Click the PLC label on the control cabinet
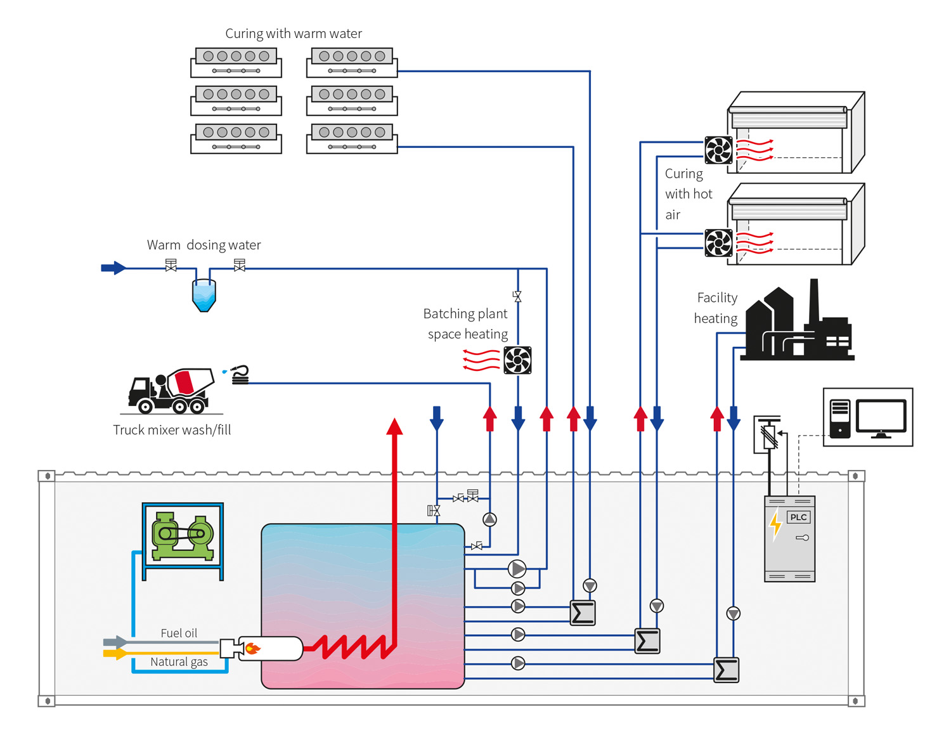pyautogui.click(x=798, y=517)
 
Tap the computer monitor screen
pyautogui.click(x=881, y=416)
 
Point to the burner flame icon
pyautogui.click(x=252, y=648)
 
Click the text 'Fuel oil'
pyautogui.click(x=179, y=633)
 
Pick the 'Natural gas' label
pyautogui.click(x=179, y=662)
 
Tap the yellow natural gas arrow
pyautogui.click(x=115, y=653)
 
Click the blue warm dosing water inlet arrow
pyautogui.click(x=113, y=268)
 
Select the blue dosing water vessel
pyautogui.click(x=204, y=296)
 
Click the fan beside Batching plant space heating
pyautogui.click(x=517, y=360)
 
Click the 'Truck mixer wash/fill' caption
pyautogui.click(x=172, y=430)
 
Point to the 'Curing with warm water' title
pyautogui.click(x=294, y=34)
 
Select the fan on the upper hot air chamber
pyautogui.click(x=718, y=150)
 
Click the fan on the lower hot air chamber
pyautogui.click(x=718, y=243)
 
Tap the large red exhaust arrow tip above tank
pyautogui.click(x=394, y=426)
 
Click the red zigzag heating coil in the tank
pyautogui.click(x=355, y=647)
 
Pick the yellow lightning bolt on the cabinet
pyautogui.click(x=775, y=525)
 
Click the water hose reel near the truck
pyautogui.click(x=240, y=375)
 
